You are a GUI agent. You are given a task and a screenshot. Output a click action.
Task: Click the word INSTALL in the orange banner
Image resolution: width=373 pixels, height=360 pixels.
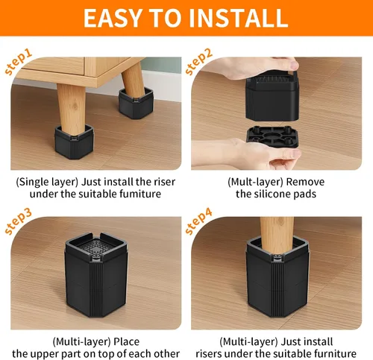tap(239, 18)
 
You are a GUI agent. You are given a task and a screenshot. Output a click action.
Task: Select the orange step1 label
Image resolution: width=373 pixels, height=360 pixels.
tap(18, 62)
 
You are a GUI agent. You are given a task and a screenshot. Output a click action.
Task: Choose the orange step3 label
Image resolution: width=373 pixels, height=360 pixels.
tap(18, 221)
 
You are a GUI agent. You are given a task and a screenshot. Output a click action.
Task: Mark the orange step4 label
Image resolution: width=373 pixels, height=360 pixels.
tap(198, 221)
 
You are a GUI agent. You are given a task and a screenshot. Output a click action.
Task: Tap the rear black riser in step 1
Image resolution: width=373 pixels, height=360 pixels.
tap(136, 104)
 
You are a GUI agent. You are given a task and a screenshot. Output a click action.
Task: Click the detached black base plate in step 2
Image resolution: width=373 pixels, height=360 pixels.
tap(273, 136)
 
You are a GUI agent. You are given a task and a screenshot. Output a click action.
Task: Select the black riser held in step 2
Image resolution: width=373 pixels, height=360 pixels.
tap(272, 99)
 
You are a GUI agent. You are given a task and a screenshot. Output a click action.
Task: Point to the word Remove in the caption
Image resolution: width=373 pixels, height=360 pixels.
tap(305, 182)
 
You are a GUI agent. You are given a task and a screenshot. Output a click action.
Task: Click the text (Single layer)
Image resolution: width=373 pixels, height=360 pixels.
tap(47, 183)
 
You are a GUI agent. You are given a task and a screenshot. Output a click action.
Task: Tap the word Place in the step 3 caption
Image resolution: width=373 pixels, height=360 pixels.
tap(127, 342)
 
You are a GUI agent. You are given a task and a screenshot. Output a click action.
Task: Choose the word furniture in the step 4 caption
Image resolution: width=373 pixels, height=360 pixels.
tap(335, 354)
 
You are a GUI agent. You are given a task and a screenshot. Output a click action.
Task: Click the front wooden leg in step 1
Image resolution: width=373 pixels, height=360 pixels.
tap(72, 110)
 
